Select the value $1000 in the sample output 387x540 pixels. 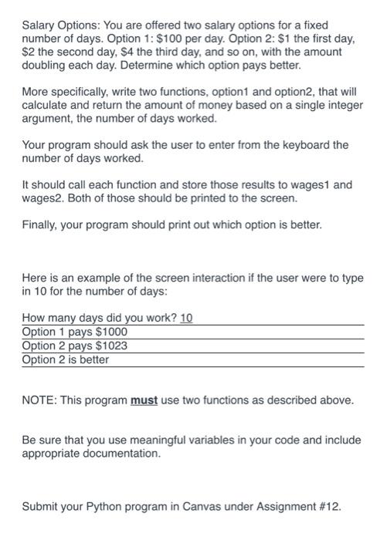pyautogui.click(x=110, y=332)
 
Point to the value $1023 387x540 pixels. pyautogui.click(x=110, y=346)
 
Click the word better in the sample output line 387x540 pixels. pyautogui.click(x=92, y=359)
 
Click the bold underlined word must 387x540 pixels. pyautogui.click(x=143, y=400)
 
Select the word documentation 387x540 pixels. pyautogui.click(x=117, y=454)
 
